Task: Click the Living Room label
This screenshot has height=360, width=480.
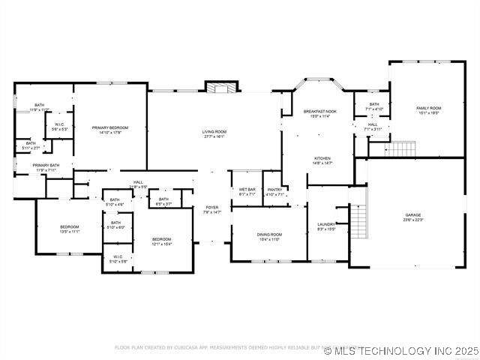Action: coord(214,132)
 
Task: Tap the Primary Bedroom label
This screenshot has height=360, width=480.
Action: coord(110,128)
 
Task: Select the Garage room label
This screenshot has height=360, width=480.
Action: coord(413,215)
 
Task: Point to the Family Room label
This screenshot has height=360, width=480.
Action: coord(429,109)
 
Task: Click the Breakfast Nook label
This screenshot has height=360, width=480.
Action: coord(320,112)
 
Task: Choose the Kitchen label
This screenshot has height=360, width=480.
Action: coord(322,158)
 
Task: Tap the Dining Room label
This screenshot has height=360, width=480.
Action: coord(269,235)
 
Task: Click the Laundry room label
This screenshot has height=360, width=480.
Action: coord(326,224)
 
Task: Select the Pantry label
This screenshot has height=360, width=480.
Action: coord(274,189)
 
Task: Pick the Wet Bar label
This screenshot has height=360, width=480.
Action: coord(247,189)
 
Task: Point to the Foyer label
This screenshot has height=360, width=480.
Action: coord(212,208)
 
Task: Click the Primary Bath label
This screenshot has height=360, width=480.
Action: coord(46,166)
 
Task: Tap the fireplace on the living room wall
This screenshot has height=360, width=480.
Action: coord(220,88)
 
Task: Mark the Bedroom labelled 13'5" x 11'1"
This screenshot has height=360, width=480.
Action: coord(69,226)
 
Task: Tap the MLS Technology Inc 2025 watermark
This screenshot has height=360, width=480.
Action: coord(401,350)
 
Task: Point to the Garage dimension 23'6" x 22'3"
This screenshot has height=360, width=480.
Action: coord(413,220)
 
